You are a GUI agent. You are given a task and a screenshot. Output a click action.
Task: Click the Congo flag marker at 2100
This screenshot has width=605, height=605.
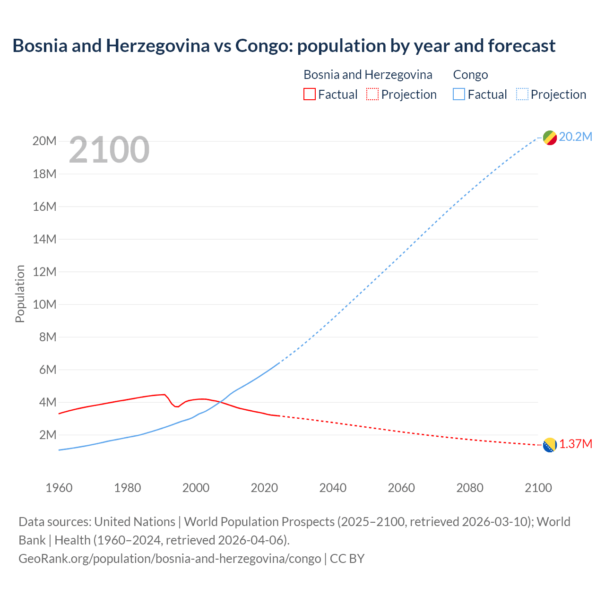coord(550,138)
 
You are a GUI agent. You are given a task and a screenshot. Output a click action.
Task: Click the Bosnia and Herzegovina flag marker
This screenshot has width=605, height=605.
coord(550,445)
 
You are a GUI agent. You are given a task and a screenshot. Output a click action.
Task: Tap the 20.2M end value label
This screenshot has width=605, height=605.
coord(575,137)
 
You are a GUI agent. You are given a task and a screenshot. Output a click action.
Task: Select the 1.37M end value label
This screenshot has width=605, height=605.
coord(576,444)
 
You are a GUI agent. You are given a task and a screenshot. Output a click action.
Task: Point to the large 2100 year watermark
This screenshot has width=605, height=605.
coord(109,150)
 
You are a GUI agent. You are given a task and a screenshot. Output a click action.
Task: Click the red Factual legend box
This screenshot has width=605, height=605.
coord(309,94)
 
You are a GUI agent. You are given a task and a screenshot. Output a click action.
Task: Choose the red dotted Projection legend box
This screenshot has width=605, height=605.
coord(372,94)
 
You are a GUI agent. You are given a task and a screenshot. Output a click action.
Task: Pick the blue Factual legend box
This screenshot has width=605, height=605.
coord(459,94)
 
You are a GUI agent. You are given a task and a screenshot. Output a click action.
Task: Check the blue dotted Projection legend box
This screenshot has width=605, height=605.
coord(522,94)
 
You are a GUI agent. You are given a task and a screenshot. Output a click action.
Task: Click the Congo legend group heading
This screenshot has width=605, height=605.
coord(470,75)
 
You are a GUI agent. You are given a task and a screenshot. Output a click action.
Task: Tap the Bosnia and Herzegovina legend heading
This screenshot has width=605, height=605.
coord(368,75)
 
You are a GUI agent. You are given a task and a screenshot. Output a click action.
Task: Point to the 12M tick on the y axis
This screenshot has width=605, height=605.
coord(44,272)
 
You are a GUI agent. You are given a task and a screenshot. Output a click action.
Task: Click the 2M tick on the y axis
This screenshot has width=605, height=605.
coord(47,435)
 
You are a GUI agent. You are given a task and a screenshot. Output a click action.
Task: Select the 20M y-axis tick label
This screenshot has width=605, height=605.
coord(44,141)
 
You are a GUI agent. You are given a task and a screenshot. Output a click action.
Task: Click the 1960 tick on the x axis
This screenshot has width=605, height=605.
coord(59,488)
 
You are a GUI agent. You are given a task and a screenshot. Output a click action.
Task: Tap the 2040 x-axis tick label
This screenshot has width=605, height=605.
coord(333,488)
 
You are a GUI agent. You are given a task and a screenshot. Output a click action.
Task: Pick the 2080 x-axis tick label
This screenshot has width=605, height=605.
coord(470,488)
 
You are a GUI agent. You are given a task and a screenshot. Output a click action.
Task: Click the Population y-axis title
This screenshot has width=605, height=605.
coord(20,294)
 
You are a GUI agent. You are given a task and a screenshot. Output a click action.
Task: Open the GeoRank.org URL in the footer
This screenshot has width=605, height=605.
coord(170,559)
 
